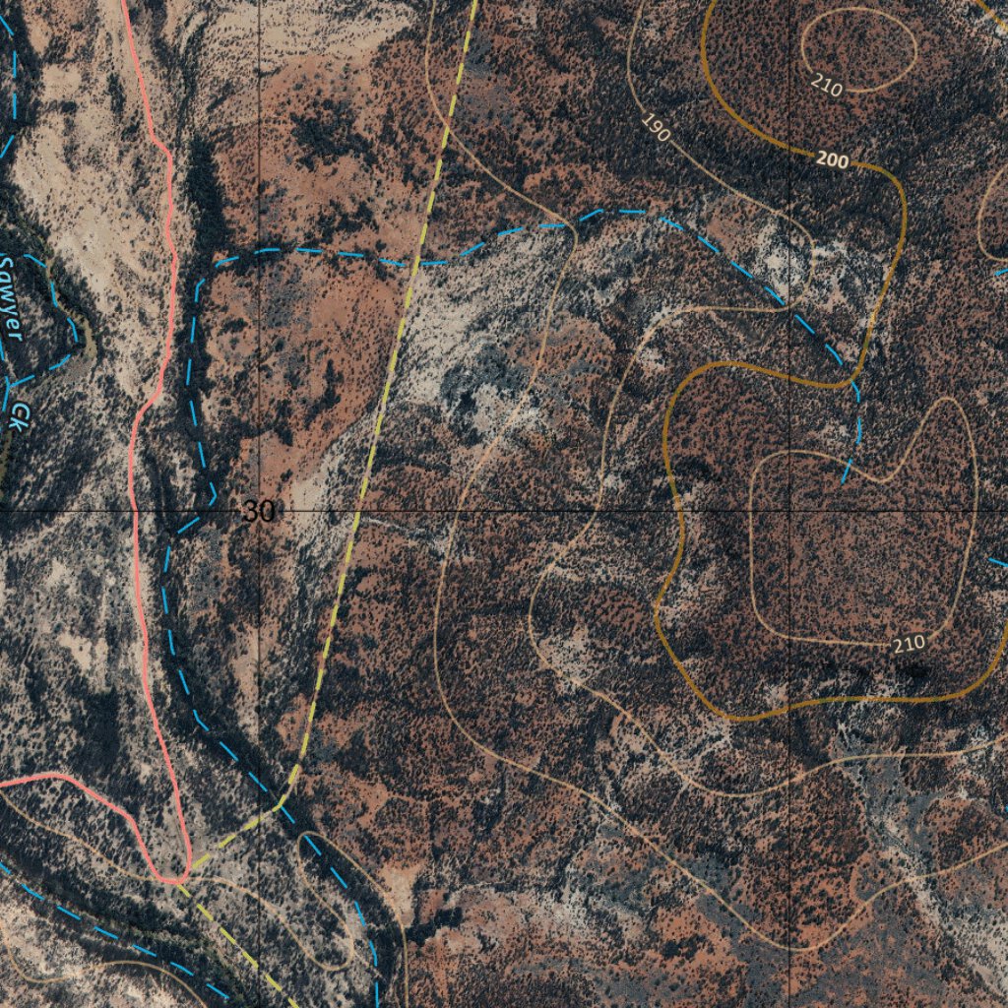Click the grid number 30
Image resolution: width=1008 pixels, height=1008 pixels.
point(259,512)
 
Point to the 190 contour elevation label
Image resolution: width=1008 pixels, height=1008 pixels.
point(656,127)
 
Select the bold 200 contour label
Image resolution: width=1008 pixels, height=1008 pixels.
point(832,159)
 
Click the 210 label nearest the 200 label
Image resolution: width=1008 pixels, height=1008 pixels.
point(828,87)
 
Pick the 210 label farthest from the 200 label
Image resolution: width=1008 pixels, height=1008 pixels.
point(910,644)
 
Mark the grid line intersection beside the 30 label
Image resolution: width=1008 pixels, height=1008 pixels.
point(260,512)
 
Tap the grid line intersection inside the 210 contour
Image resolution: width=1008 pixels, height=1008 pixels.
point(789,512)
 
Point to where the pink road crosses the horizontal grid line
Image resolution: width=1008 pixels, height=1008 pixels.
point(134,512)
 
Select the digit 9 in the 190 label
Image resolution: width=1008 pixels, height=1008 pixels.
point(657,128)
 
